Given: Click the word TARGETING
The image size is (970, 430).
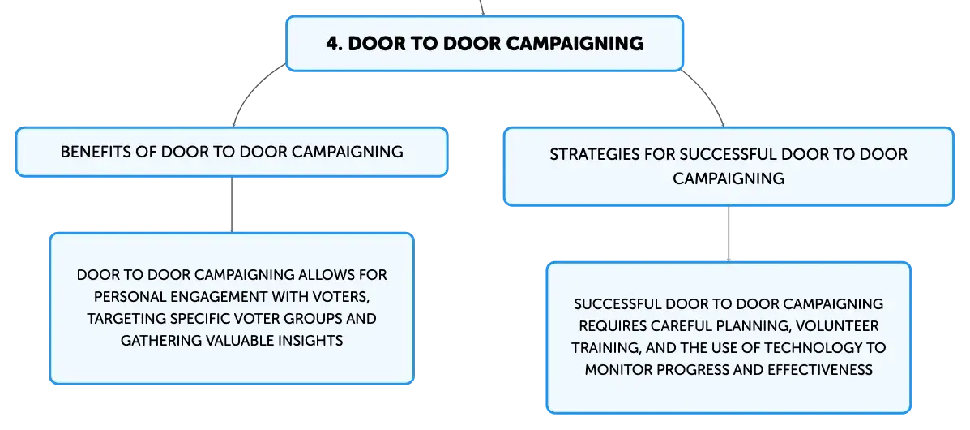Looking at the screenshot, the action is (122, 319).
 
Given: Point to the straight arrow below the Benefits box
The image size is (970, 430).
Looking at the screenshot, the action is (232, 205).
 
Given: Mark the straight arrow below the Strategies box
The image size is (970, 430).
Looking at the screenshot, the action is (729, 234).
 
